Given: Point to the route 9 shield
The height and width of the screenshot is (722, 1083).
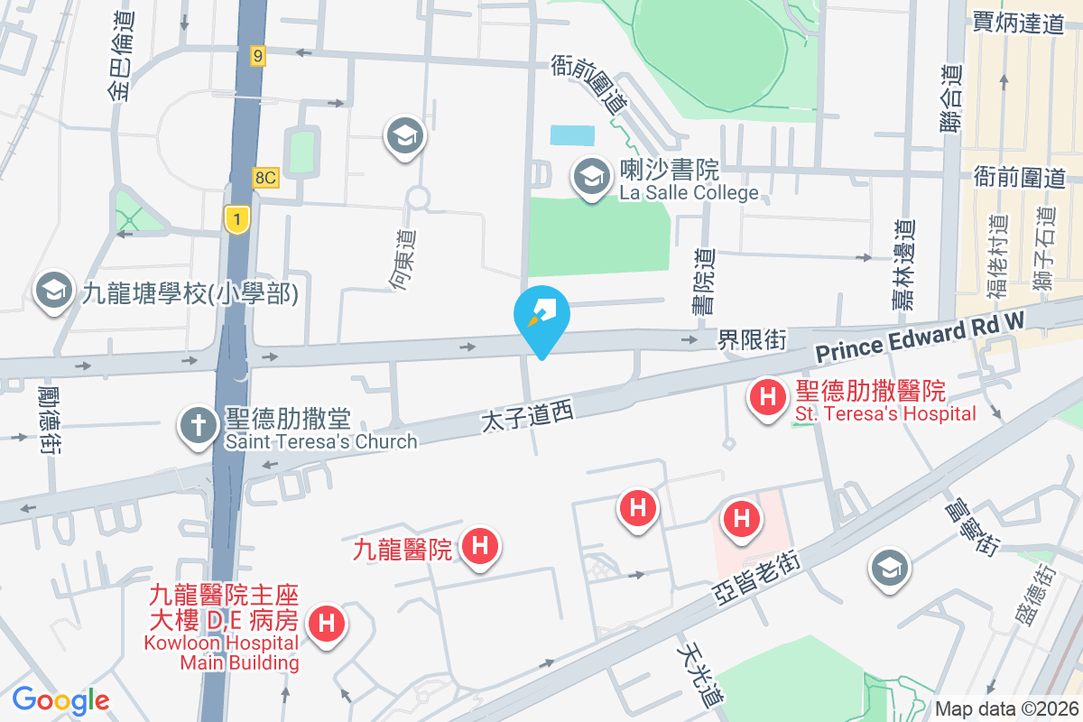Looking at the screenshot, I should coord(259,57).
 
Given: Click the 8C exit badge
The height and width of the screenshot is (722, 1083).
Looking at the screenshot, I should coord(265,178).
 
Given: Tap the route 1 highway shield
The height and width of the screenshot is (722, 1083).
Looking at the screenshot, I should coord(237,218).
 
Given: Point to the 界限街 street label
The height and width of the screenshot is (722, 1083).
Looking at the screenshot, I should coord(752,340).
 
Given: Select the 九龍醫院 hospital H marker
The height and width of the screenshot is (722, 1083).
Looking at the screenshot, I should coord(480,546).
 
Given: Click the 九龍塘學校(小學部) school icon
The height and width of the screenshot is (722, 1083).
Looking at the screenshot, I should coord(53,291).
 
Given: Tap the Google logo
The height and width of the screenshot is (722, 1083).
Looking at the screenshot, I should coord(60,700).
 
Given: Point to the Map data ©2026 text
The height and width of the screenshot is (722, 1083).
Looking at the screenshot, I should coord(1005,708).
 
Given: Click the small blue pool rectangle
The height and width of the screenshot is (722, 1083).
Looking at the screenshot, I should coord(573,135).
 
